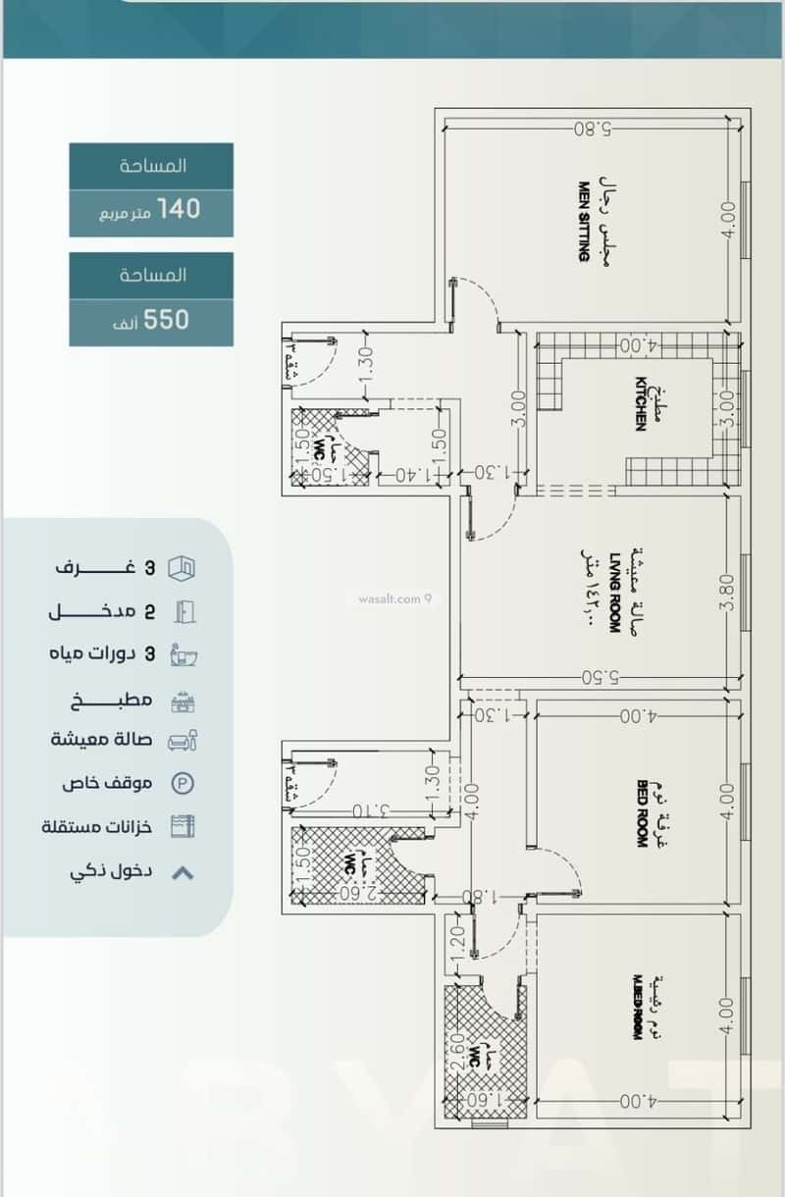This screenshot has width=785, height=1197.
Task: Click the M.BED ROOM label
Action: pos(637,1007)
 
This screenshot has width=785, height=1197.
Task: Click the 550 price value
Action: pos(167,319)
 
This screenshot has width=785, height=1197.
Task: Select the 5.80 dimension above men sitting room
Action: pos(593,128)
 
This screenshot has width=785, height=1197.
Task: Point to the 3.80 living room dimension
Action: pos(726,592)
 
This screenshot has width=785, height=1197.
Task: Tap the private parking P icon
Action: pos(183,783)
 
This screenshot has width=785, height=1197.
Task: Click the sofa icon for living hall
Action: pos(183,740)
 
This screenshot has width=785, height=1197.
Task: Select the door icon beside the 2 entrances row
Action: pos(183,611)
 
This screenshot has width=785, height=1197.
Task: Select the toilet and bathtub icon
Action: pos(183,654)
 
